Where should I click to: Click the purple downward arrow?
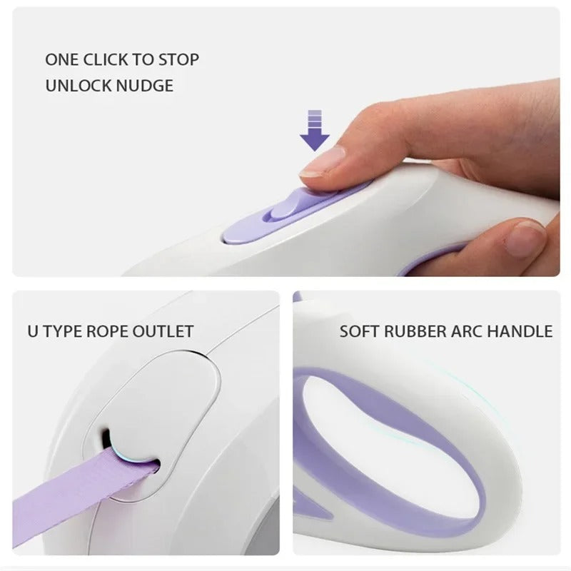315,131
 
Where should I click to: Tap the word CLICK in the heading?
106,60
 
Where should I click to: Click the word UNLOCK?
79,86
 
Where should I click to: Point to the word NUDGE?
145,86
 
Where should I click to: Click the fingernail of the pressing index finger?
324,161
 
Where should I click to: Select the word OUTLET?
163,331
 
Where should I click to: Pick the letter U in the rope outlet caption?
33,331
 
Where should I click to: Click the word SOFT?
360,332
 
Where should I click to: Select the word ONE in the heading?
61,60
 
